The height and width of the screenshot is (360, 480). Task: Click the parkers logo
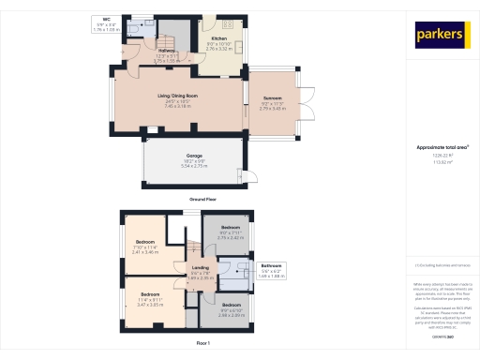pos(441,36)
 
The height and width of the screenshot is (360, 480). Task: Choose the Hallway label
pos(167,51)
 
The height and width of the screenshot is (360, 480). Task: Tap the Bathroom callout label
pos(270,265)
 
